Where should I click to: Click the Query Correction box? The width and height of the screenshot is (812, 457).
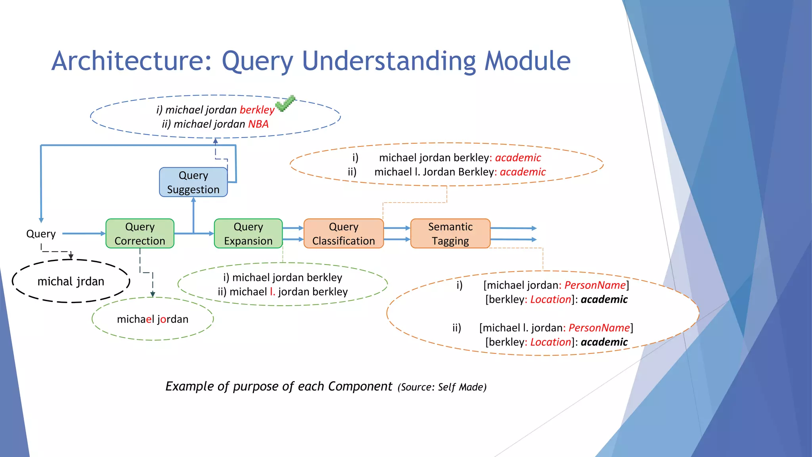coord(140,234)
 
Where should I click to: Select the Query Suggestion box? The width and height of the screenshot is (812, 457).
coord(193,182)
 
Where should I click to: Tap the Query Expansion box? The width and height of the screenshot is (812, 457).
coord(248,234)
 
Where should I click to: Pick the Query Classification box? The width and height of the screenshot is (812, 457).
coord(343,234)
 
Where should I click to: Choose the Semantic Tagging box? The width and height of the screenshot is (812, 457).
coord(450,234)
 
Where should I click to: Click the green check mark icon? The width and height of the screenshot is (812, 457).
coord(285,104)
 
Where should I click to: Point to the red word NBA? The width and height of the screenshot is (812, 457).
coord(258,124)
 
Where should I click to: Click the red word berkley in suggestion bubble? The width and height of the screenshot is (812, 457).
coord(257,110)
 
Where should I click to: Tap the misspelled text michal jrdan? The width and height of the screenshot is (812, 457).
coord(71,281)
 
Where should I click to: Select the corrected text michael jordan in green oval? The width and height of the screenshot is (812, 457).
coord(153,319)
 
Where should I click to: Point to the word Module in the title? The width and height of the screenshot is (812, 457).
coord(528,61)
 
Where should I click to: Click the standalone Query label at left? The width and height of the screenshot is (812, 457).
coord(41,234)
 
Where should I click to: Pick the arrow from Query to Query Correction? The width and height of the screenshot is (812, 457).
coord(84,234)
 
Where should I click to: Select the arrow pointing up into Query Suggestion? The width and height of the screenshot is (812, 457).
coord(193,214)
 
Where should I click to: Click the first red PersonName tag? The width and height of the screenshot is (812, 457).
coord(595,285)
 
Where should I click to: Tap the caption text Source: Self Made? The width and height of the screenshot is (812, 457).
coord(442,387)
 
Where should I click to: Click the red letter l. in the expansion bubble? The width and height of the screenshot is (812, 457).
coord(272,292)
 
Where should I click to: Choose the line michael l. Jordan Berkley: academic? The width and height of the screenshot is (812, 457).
coord(460,172)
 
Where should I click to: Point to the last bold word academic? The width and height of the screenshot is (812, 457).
coord(604,342)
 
